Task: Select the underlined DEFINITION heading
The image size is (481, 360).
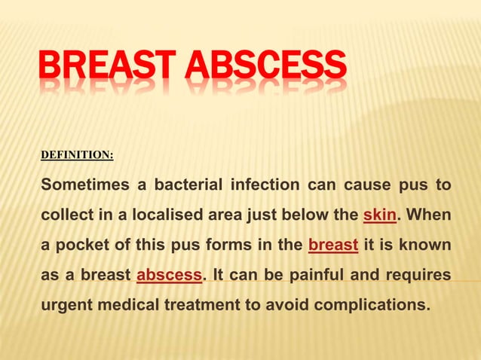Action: (x=77, y=155)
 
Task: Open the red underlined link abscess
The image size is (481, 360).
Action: (x=169, y=276)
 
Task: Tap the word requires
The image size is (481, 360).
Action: (x=418, y=276)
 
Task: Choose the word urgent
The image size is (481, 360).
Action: (x=66, y=306)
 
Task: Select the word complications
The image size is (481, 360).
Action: (x=375, y=306)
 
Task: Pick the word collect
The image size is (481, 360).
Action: (x=64, y=215)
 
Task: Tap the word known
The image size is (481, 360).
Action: (x=427, y=246)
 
